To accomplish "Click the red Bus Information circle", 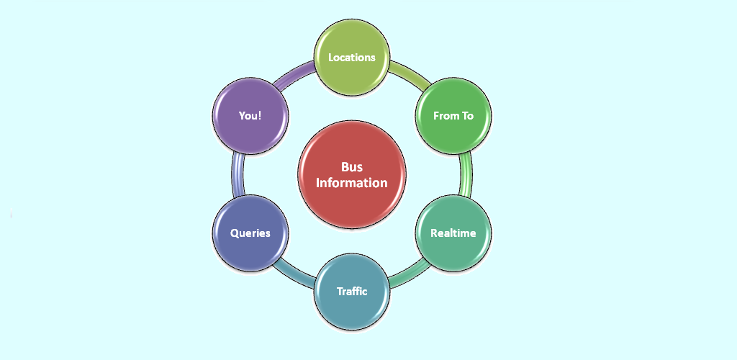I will click(352, 175).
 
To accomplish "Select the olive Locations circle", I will click(352, 57).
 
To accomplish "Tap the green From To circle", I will click(453, 115).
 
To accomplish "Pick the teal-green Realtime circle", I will click(453, 233).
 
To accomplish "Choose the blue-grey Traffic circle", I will click(352, 292).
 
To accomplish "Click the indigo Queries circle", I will click(250, 233).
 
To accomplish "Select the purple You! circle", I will click(250, 115).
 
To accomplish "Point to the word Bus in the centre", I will click(352, 168).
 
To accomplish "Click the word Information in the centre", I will click(352, 183).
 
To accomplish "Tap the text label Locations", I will click(352, 57).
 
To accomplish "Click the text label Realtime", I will click(453, 233).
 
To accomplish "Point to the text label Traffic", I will click(352, 292).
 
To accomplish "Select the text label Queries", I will click(250, 233).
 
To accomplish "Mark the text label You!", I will click(250, 115).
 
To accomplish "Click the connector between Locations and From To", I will click(407, 76).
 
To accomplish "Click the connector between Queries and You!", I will click(237, 174).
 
